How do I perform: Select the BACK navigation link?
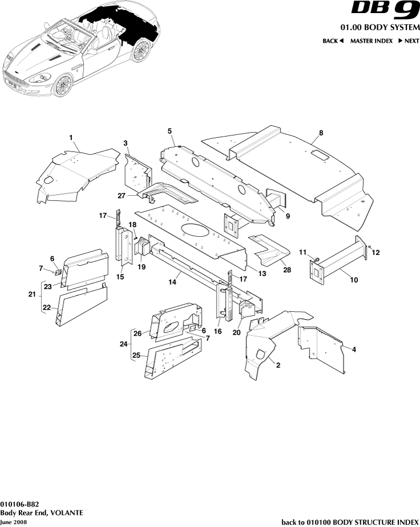(x=333, y=41)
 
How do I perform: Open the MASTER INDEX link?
(x=372, y=41)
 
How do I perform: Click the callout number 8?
(x=321, y=133)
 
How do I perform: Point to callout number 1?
(x=71, y=138)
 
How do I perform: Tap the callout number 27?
(x=121, y=196)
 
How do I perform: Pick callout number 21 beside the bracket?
(x=32, y=294)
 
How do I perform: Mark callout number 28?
(x=287, y=270)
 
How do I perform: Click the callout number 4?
(x=354, y=349)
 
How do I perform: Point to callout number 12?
(x=376, y=252)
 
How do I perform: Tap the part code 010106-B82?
(x=19, y=504)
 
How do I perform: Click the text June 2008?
(x=13, y=522)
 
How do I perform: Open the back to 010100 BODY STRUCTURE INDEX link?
(x=350, y=522)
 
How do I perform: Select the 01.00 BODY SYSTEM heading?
(x=380, y=28)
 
